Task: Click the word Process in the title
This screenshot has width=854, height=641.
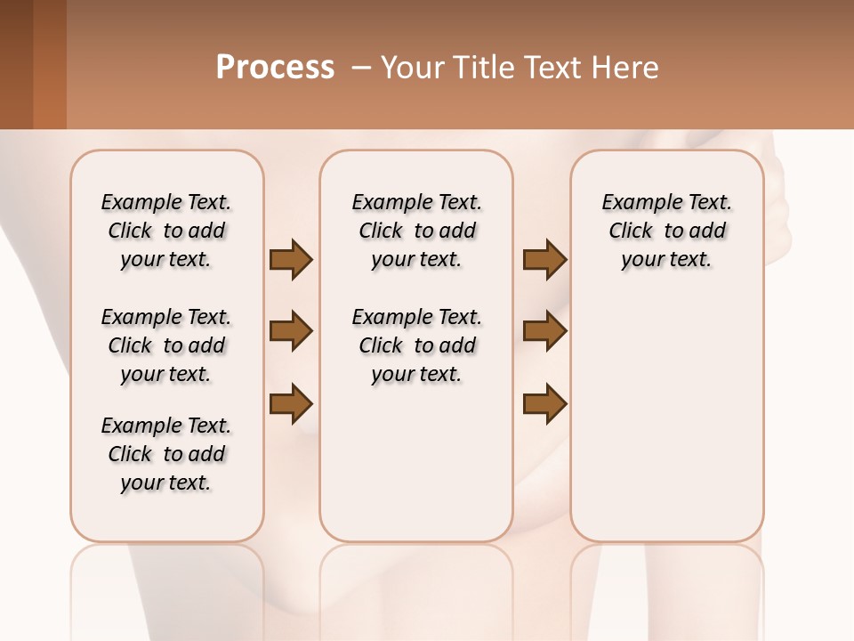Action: click(275, 68)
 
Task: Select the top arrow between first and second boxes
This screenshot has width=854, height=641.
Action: click(291, 259)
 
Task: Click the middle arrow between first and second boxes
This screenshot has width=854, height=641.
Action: click(291, 331)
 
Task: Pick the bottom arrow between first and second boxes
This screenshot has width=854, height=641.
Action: click(291, 403)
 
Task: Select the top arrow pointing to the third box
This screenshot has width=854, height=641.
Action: click(544, 259)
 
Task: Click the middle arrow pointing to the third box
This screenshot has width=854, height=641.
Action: click(544, 331)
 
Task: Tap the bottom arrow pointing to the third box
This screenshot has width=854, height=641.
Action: click(544, 403)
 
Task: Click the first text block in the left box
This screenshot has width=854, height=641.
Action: click(166, 231)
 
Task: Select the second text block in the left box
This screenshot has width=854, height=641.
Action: click(166, 345)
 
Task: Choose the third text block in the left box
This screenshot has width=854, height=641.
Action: click(166, 454)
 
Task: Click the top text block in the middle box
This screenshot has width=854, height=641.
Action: click(416, 231)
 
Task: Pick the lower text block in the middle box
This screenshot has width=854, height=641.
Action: click(416, 345)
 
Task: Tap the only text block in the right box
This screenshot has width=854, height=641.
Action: click(666, 231)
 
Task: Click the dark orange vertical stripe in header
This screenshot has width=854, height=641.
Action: click(50, 64)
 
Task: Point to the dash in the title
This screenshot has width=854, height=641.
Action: click(361, 68)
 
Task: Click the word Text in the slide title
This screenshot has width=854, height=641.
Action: click(552, 68)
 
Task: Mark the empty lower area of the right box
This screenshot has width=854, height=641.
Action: click(666, 418)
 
